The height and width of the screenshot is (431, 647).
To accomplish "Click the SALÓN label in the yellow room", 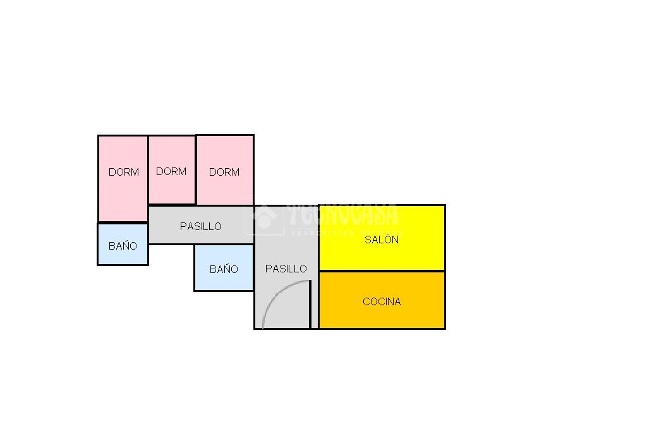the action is click(382, 240).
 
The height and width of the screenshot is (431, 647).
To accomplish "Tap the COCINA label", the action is click(382, 301).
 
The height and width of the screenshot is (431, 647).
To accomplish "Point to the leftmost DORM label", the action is click(124, 172).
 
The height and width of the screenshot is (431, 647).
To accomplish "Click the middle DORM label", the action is click(171, 171).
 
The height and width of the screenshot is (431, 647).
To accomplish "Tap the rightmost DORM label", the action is click(224, 172).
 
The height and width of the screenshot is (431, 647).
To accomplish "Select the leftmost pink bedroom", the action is click(123, 196).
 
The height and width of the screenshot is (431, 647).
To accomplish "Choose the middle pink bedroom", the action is click(172, 190).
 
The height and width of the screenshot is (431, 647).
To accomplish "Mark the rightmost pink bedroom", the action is click(225, 190).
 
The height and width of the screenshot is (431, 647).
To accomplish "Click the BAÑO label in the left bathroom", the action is click(123, 246).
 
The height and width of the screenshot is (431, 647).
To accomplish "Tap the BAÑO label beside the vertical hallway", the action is click(224, 269).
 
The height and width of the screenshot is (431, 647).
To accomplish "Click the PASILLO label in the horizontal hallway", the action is click(201, 226).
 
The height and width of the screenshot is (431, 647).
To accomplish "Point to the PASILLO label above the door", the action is click(286, 269).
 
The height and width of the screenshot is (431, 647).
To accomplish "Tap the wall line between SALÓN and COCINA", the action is click(382, 271).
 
